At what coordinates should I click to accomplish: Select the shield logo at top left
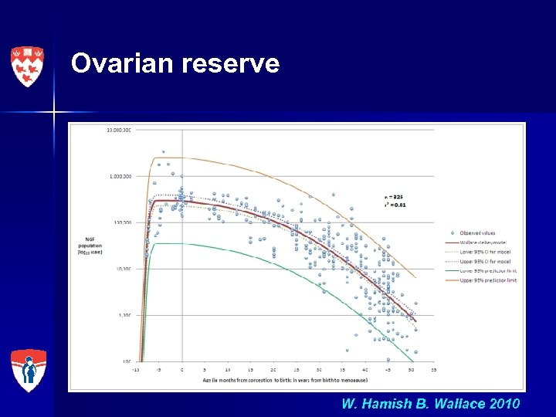tap(26, 66)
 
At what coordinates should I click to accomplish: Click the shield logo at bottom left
tap(28, 371)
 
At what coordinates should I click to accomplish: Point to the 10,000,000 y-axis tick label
tap(119, 130)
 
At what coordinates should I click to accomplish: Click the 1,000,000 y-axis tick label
tap(120, 176)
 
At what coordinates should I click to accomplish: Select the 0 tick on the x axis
tap(182, 370)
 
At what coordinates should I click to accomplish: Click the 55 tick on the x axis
tap(434, 370)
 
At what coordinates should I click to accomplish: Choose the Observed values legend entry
tap(479, 232)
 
